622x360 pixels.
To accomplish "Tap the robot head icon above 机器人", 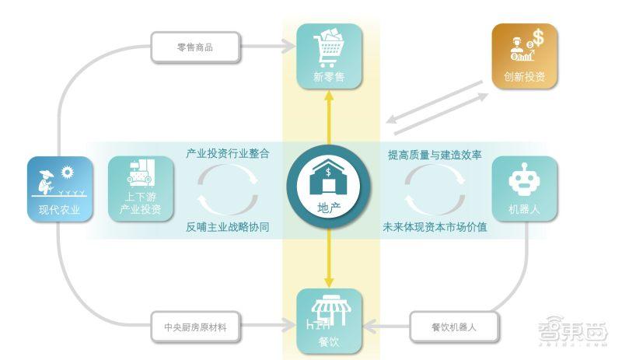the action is (524, 180).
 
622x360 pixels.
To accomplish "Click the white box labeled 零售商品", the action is (195, 47).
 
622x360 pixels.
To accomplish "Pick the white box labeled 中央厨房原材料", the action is (195, 327).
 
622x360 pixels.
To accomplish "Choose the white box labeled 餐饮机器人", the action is (454, 327).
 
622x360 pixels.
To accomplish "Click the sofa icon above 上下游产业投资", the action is (141, 173).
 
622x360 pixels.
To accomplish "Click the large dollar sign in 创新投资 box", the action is (538, 37).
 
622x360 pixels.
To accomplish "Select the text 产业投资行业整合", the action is (228, 153).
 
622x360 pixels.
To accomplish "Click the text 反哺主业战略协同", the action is (228, 227).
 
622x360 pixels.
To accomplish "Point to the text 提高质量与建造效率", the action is (435, 155).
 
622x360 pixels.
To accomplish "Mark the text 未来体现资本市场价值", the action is (435, 227).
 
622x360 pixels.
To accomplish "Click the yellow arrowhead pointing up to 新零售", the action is (329, 96).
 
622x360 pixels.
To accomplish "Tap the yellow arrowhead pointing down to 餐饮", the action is (329, 281).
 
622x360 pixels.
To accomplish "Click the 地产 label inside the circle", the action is (329, 208).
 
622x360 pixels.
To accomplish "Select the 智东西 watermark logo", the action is (573, 330).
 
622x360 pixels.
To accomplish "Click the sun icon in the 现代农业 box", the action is (68, 173).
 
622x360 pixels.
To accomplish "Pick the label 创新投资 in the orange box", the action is (524, 77).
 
